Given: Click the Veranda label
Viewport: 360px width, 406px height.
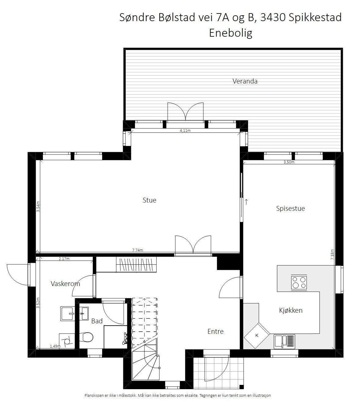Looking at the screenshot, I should pos(245,81).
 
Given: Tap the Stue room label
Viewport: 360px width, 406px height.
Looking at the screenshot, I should pos(150,200).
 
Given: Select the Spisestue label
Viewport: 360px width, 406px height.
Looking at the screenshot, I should pos(290,209).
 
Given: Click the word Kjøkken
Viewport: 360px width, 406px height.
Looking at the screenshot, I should pos(291,311).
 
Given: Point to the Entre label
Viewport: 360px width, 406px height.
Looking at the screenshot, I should pos(215,332).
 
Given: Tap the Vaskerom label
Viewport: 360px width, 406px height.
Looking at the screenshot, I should pos(65,284).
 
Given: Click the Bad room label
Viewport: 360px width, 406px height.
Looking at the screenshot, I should pos(97,321).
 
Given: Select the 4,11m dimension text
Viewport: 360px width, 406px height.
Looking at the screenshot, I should pos(185,131).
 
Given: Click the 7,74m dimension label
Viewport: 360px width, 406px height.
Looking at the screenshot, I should pos(138,250).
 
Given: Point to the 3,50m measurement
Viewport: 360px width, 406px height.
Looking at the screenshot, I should pos(289,162).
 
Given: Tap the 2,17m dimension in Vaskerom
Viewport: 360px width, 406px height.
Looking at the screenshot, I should pos(64,259).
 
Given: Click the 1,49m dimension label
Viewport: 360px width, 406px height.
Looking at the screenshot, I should pos(55,346).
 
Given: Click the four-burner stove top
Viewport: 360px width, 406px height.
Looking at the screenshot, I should pos(299,283).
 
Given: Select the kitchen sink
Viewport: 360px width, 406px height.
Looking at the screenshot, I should pos(284,341).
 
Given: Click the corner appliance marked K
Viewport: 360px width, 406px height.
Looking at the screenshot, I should pos(257,335).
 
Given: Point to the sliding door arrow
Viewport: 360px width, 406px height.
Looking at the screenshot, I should pos(246,202).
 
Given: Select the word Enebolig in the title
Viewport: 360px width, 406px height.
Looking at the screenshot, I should pos(230,33).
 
